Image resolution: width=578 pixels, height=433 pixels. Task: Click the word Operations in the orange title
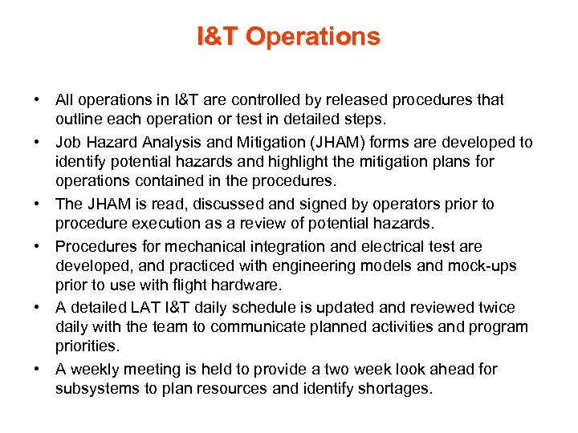[x=313, y=37]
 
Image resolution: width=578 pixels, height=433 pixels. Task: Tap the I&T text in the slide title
[x=218, y=37]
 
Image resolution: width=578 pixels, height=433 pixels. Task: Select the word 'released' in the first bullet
[x=352, y=100]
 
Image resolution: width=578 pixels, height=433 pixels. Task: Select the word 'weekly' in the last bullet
[x=92, y=370]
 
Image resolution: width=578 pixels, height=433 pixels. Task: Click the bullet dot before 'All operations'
[x=38, y=100]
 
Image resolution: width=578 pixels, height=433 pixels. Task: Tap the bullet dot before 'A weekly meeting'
[x=38, y=370]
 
